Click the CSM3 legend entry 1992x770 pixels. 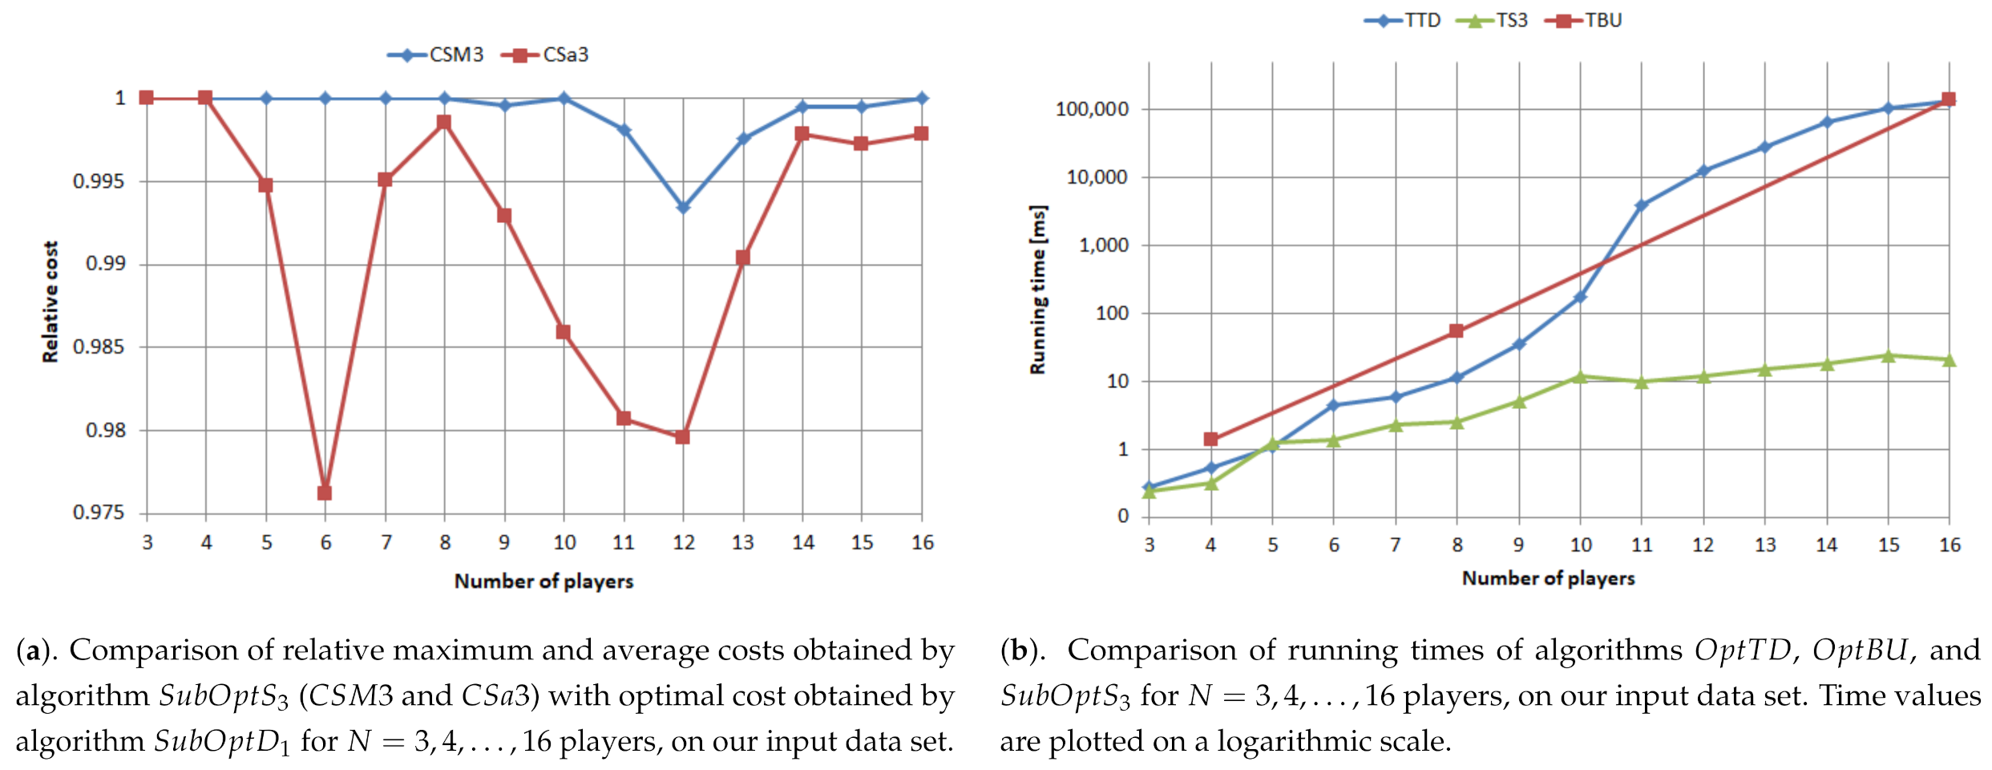click(437, 55)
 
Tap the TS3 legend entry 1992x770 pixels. click(1497, 20)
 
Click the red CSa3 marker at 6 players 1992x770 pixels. click(325, 492)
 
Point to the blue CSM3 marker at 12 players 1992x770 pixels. click(683, 208)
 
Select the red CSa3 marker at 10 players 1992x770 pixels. click(564, 332)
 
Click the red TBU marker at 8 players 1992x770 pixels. click(1457, 330)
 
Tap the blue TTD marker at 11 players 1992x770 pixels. click(1641, 206)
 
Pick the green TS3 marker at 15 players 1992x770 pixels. click(1888, 355)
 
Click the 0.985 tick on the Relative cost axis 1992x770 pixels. click(99, 347)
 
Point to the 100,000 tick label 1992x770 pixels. click(1092, 109)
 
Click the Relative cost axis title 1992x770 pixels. click(51, 302)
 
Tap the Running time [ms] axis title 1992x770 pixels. click(1038, 290)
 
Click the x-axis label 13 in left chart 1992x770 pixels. click(742, 543)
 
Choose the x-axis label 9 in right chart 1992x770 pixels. click(1518, 545)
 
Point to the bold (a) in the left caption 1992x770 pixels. click(34, 650)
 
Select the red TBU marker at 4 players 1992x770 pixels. click(1210, 439)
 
